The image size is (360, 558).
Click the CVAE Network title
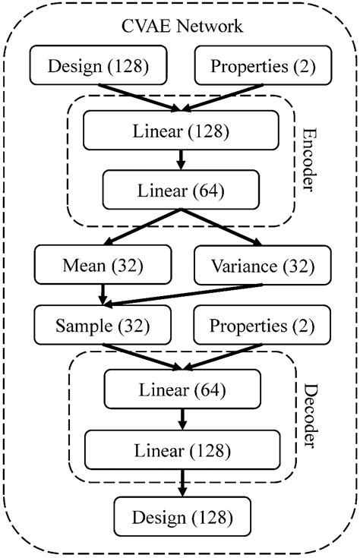pyautogui.click(x=183, y=26)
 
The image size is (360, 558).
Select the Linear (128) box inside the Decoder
pyautogui.click(x=182, y=449)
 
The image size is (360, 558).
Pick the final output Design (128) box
pyautogui.click(x=182, y=518)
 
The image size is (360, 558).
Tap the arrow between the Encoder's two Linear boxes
pyautogui.click(x=181, y=159)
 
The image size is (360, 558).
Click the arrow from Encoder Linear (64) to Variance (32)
pyautogui.click(x=224, y=229)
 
